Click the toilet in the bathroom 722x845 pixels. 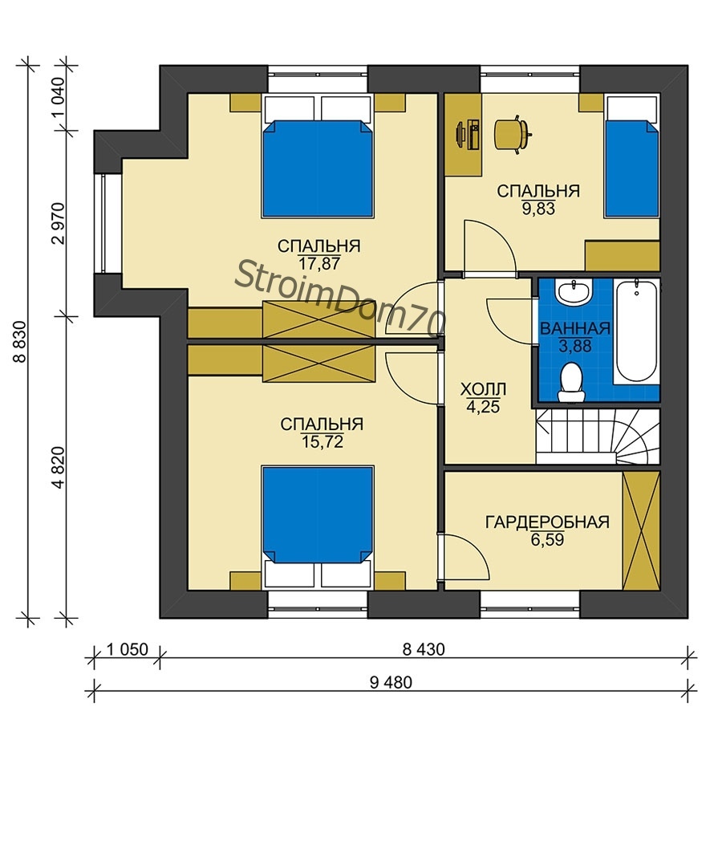(x=571, y=381)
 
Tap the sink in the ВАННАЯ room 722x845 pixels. (x=575, y=291)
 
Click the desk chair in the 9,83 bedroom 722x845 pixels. (x=513, y=134)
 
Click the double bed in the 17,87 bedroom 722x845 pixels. (x=318, y=156)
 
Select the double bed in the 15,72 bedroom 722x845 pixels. (x=318, y=527)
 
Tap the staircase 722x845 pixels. (x=598, y=436)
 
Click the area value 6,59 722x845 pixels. (x=547, y=539)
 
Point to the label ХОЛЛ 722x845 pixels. (x=483, y=389)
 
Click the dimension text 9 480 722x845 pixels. (x=391, y=683)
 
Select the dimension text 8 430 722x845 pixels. (x=424, y=649)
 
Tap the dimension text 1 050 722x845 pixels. (x=127, y=649)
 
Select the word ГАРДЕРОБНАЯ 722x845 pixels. (x=547, y=522)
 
